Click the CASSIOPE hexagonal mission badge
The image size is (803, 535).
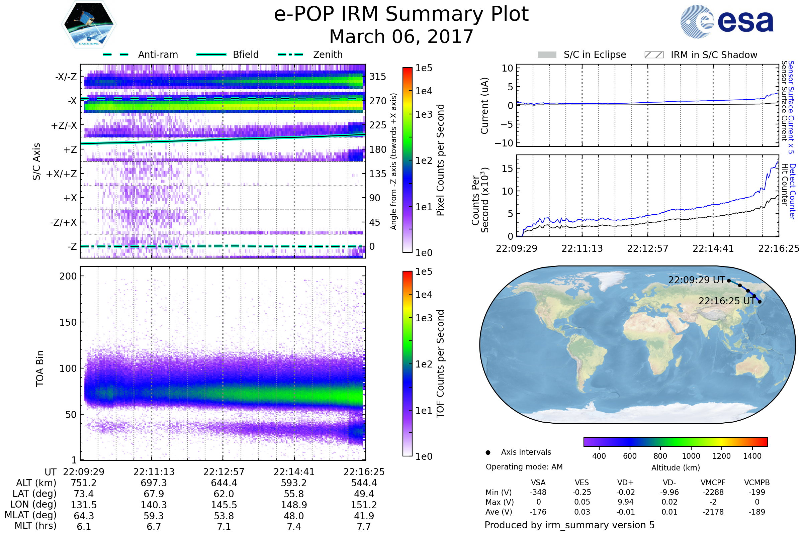89,24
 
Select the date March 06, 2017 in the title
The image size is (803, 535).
401,36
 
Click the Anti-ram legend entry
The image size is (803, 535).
140,55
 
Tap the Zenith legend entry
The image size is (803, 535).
310,55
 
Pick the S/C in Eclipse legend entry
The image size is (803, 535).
582,55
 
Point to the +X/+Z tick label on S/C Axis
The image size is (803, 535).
62,174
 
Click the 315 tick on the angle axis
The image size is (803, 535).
378,77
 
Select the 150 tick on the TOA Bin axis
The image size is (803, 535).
68,322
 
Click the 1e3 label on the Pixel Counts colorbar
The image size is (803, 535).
424,114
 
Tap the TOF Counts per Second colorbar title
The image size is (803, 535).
440,364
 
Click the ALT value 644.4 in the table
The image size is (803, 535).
224,483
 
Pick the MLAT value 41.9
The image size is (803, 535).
364,516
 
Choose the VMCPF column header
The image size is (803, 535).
713,483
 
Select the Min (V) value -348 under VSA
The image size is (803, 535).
538,492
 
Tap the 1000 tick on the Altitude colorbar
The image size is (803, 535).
691,456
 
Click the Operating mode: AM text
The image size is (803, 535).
524,467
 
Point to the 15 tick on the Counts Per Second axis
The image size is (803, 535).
507,168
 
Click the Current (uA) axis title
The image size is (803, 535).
484,106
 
